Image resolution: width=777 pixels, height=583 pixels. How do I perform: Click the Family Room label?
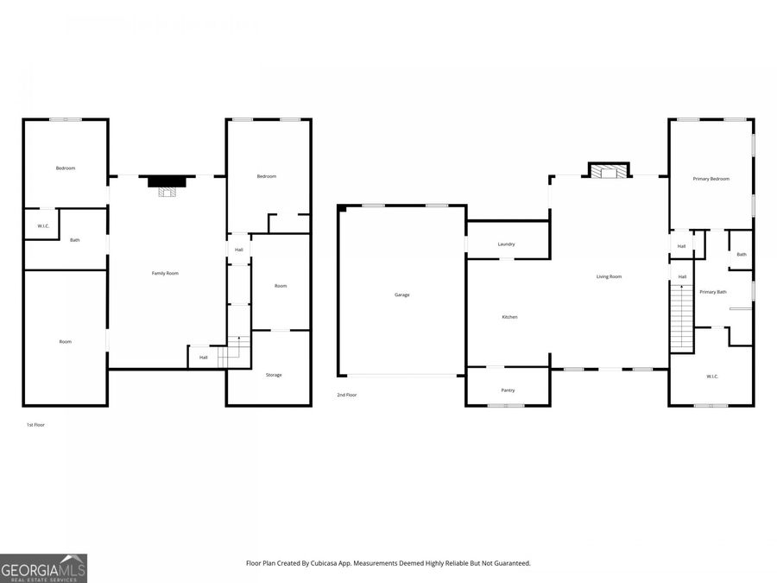(165, 273)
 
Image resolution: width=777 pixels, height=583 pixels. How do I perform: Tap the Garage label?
(401, 295)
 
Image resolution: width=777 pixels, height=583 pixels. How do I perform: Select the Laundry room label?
(506, 244)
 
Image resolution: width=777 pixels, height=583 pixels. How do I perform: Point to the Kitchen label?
(509, 317)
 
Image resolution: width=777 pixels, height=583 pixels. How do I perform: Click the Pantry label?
(508, 390)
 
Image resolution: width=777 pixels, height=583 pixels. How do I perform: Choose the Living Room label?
(609, 276)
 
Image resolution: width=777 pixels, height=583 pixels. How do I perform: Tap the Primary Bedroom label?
(711, 179)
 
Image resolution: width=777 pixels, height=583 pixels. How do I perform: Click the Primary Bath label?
(712, 292)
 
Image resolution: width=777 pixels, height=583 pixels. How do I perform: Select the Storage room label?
(274, 375)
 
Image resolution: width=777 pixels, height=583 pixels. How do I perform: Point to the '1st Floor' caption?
(35, 425)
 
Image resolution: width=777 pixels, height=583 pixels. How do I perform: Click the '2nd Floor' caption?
(347, 395)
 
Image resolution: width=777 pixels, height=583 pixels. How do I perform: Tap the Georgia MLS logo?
(43, 568)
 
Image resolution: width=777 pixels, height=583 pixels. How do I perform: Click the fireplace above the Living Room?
(609, 171)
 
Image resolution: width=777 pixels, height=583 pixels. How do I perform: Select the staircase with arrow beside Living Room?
(682, 318)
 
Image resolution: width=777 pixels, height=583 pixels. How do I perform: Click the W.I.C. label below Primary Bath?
(711, 376)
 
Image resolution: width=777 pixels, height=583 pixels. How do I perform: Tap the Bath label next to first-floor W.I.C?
(75, 240)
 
